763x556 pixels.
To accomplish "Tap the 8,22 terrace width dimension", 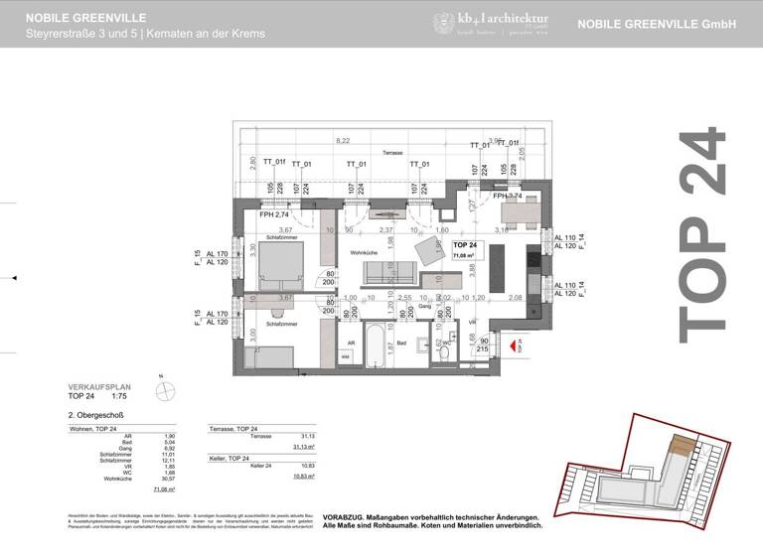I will (343, 141).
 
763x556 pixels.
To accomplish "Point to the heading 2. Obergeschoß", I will (94, 415).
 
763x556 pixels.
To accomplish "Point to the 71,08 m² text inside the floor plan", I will (465, 256).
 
